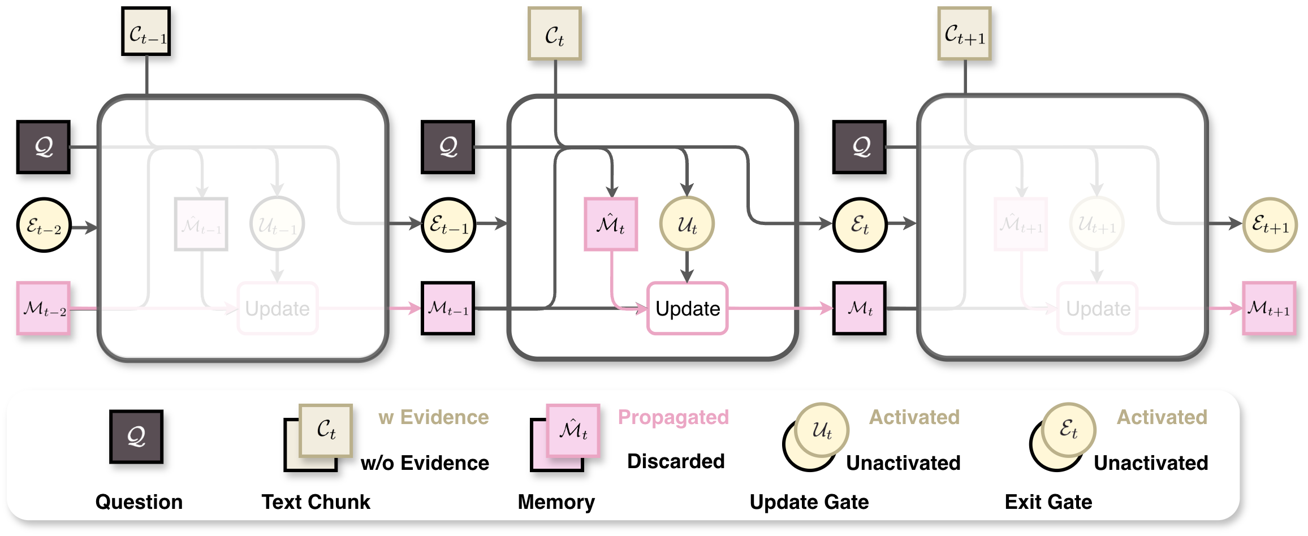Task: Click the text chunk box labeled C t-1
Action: point(146,32)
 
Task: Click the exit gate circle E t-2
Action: point(44,225)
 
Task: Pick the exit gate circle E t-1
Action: point(448,225)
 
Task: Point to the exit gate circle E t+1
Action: point(1270,225)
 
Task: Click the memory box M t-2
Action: point(44,308)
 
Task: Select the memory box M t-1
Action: point(448,308)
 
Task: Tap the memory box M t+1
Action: point(1269,308)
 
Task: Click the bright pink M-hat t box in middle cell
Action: point(611,224)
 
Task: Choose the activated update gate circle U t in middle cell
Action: point(687,224)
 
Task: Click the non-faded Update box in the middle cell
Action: point(687,308)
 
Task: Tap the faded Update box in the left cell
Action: point(277,308)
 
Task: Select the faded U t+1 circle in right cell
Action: point(1097,224)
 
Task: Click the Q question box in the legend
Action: point(136,436)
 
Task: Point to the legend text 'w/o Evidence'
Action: point(425,462)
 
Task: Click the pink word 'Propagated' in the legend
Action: point(673,417)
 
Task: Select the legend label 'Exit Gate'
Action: point(1048,502)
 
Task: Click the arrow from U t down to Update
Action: point(687,266)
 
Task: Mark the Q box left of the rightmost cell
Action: point(859,147)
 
